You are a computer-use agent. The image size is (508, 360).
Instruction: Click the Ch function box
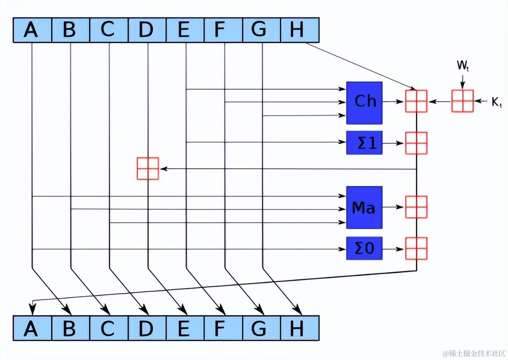click(364, 103)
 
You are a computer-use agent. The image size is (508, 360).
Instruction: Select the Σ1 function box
click(364, 143)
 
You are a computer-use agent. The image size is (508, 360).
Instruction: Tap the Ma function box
click(364, 208)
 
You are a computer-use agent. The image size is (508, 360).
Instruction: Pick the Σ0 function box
click(364, 248)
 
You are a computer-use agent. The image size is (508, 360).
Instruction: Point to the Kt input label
click(497, 103)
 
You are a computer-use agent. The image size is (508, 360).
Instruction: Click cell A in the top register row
click(32, 30)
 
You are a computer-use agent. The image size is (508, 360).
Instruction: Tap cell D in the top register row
click(147, 30)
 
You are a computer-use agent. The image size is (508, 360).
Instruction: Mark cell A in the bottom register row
click(32, 329)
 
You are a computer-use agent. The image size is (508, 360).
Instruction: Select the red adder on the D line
click(148, 169)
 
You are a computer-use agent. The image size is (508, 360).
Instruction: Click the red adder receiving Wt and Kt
click(462, 101)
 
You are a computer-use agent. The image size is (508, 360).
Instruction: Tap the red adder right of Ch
click(416, 101)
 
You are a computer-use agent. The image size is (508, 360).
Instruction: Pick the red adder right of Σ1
click(416, 143)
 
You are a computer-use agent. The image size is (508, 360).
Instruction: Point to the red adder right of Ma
click(416, 207)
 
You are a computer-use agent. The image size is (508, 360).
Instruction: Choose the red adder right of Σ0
click(416, 248)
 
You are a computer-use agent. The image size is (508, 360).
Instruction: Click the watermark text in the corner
click(473, 353)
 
